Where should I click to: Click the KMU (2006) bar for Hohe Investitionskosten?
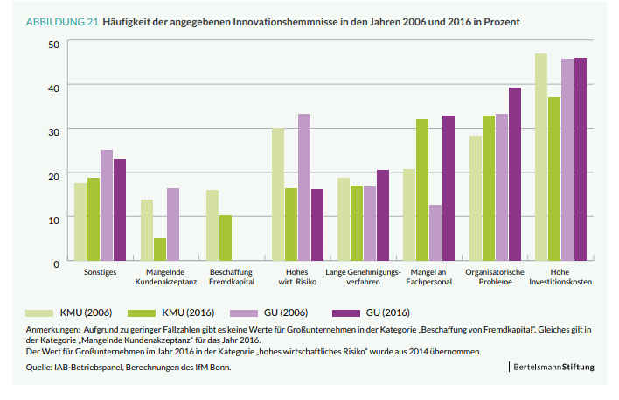pos(541,158)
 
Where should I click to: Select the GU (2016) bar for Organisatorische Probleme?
pos(515,174)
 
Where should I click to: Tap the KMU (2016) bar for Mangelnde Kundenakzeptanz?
pos(160,249)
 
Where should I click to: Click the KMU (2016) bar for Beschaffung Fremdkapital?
pos(226,238)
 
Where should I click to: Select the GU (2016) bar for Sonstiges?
pos(120,210)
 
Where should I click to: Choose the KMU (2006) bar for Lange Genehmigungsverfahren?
pos(344,219)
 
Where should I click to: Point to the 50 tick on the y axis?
pos(54,44)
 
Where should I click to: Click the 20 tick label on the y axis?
pos(54,175)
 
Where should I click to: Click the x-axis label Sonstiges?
pos(101,273)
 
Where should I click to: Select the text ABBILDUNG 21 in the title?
pos(61,20)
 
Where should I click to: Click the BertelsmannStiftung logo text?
pos(554,368)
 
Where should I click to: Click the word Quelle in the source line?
pos(38,368)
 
